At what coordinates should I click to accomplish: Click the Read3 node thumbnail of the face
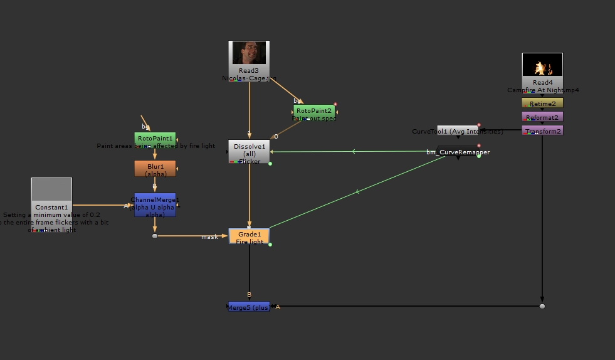[x=250, y=53]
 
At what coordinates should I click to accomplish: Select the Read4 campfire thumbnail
[x=542, y=65]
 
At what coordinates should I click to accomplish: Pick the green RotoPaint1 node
[x=155, y=138]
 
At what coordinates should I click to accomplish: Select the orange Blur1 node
[x=155, y=169]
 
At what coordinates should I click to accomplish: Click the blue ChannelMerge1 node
[x=155, y=204]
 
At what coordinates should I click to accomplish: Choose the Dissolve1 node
[x=249, y=151]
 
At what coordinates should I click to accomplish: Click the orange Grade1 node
[x=249, y=236]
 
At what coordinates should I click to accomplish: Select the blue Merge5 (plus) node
[x=249, y=307]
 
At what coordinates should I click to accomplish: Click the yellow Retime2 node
[x=542, y=103]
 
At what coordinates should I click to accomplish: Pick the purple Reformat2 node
[x=542, y=117]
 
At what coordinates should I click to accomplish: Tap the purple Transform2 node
[x=542, y=131]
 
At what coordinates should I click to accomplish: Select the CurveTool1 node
[x=458, y=130]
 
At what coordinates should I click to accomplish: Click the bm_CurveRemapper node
[x=458, y=152]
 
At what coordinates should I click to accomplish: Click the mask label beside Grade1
[x=209, y=237]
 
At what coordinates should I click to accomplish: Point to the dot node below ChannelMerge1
[x=155, y=236]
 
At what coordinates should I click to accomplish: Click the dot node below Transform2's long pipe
[x=542, y=306]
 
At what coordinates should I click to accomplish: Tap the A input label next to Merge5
[x=278, y=307]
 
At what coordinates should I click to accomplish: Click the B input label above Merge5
[x=249, y=294]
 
